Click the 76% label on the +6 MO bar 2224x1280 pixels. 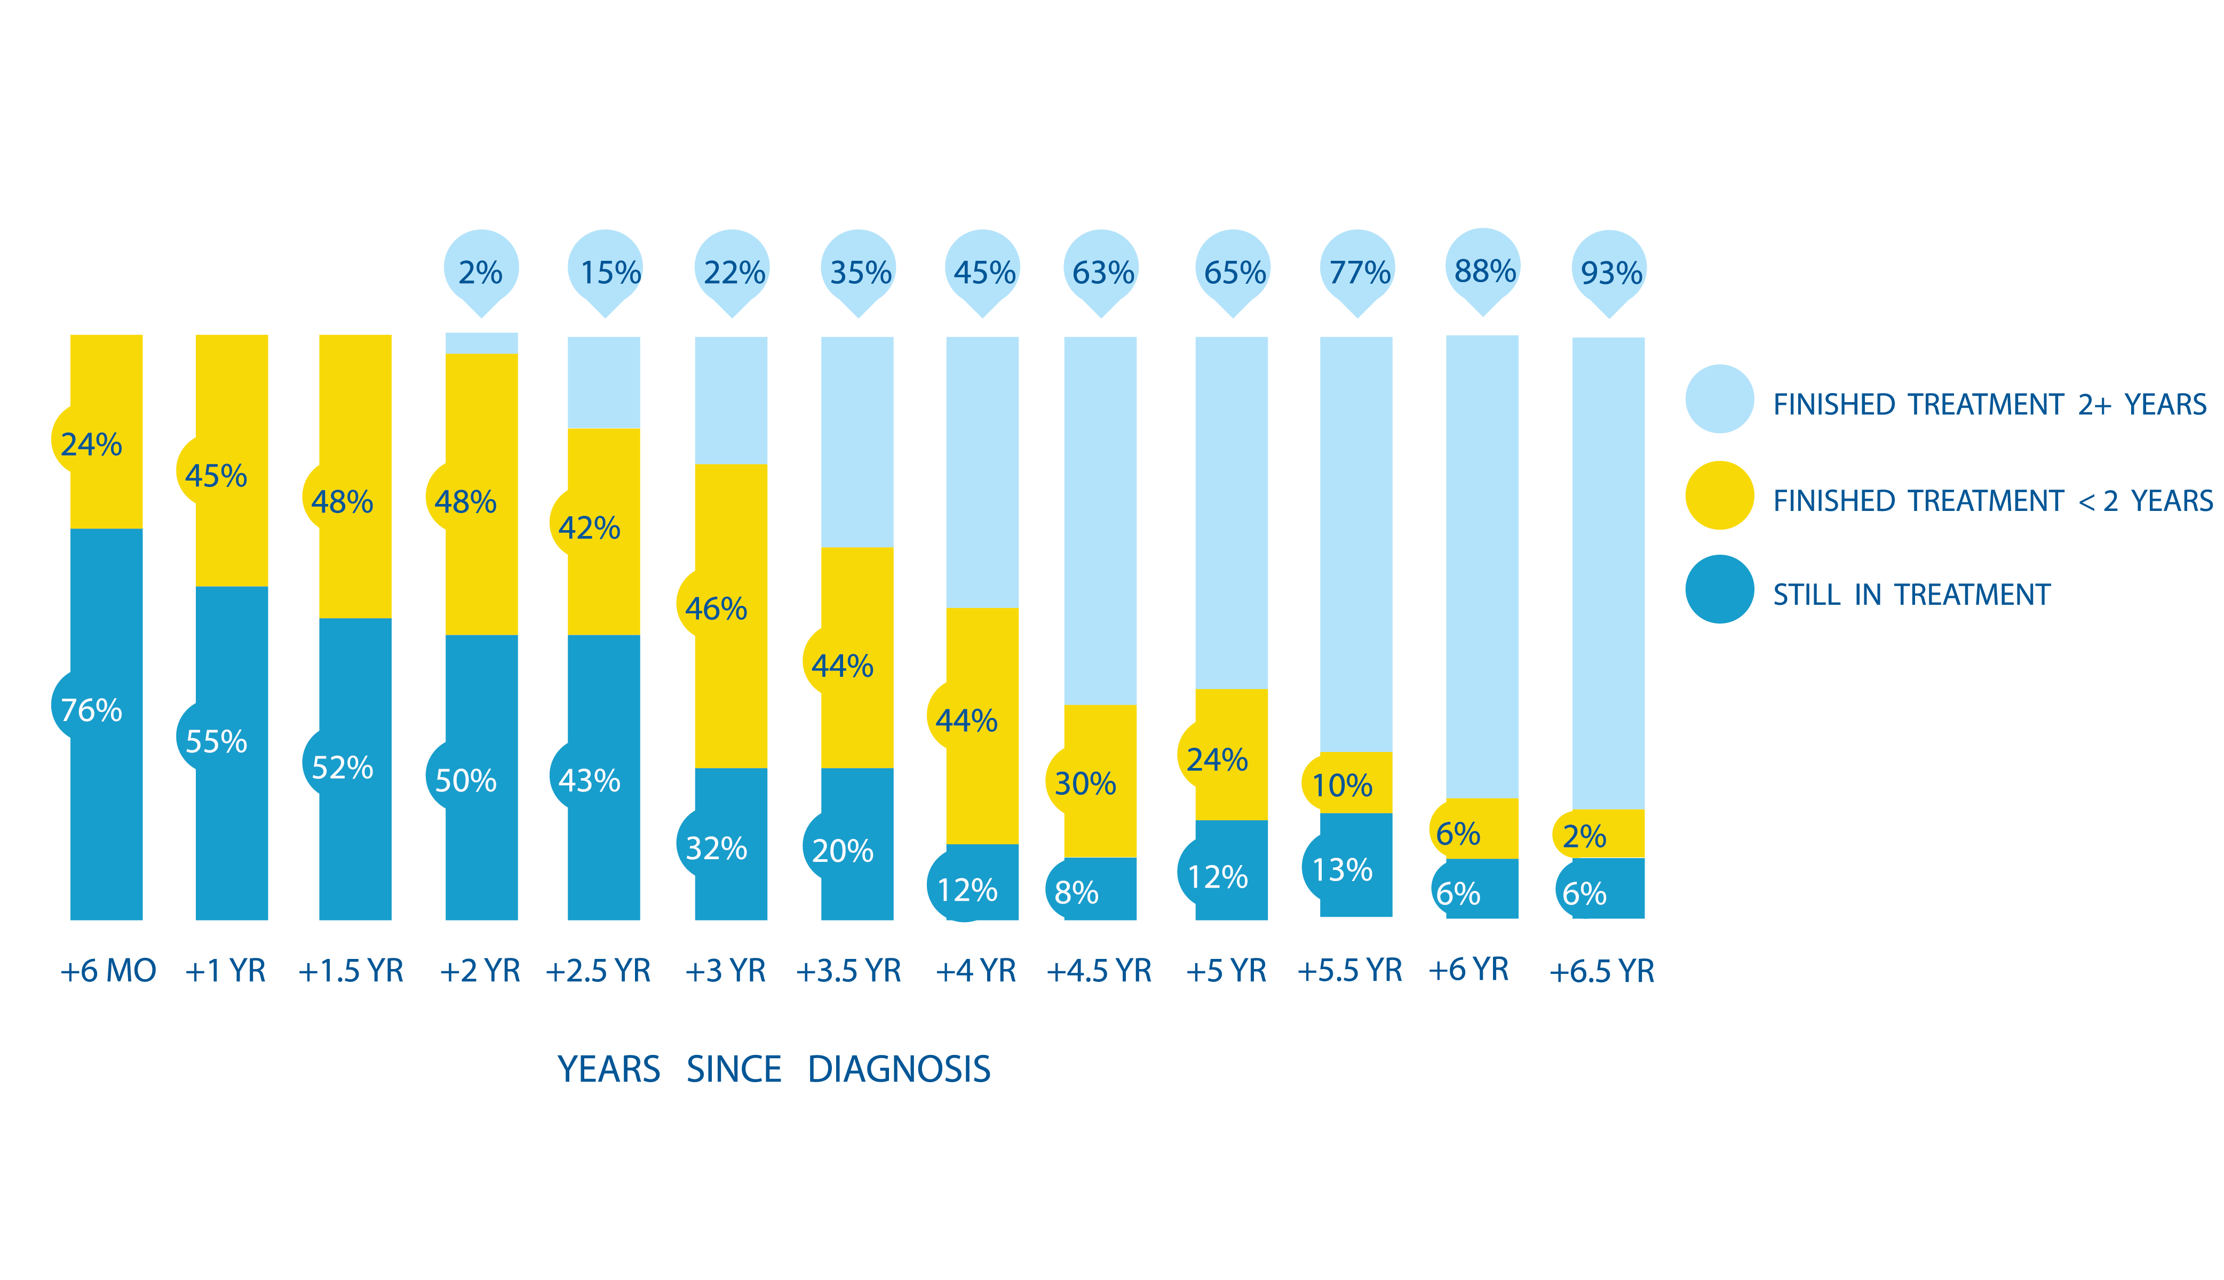coord(91,709)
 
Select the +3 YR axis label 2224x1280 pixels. coord(725,971)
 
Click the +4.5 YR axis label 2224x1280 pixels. coord(1098,971)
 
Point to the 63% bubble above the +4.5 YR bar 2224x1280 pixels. coord(1102,271)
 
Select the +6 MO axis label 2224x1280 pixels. coord(107,971)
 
